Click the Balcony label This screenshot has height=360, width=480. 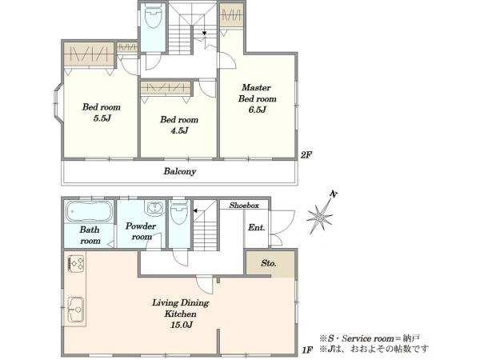(180, 171)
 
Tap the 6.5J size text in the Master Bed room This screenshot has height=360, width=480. (257, 110)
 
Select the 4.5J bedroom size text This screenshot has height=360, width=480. (179, 130)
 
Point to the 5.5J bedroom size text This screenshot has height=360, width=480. (102, 118)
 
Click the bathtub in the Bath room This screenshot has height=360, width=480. (89, 211)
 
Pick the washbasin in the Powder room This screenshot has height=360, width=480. (155, 208)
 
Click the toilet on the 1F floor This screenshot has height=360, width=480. (180, 213)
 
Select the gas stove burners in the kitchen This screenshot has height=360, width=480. (76, 263)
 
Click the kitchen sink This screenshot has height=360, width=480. (76, 309)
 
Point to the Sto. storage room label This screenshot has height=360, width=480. (269, 263)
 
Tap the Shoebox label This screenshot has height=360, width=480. (244, 206)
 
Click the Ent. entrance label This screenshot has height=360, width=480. (257, 227)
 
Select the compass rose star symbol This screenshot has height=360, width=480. (319, 218)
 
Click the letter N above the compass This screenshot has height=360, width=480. (334, 194)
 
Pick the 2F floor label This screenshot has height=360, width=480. (306, 155)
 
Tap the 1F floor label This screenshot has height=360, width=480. (307, 350)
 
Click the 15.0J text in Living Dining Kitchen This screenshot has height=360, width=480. (182, 325)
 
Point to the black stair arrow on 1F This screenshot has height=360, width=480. (194, 210)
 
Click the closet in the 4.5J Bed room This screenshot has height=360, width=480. (166, 88)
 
